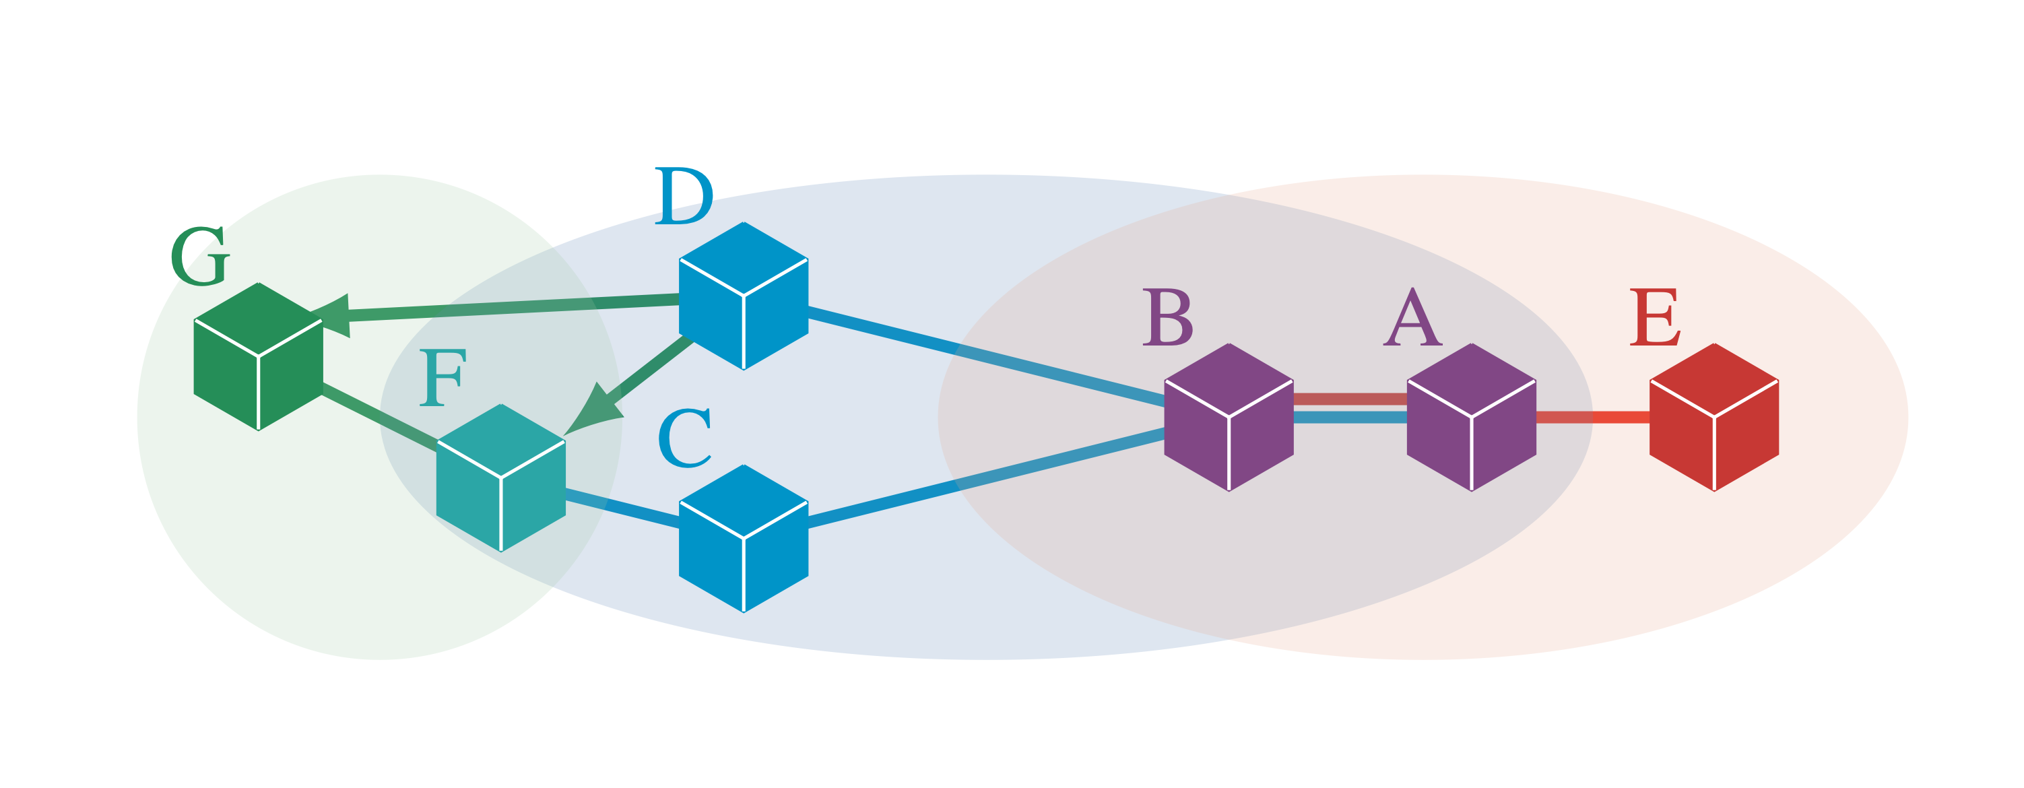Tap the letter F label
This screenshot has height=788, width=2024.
point(443,377)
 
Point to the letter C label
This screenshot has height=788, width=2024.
point(684,438)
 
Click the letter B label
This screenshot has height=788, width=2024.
point(1167,317)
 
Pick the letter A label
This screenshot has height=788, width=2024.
point(1412,317)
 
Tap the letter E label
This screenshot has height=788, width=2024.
point(1655,317)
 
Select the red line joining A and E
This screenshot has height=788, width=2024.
point(1592,417)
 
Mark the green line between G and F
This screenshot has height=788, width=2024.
point(379,417)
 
